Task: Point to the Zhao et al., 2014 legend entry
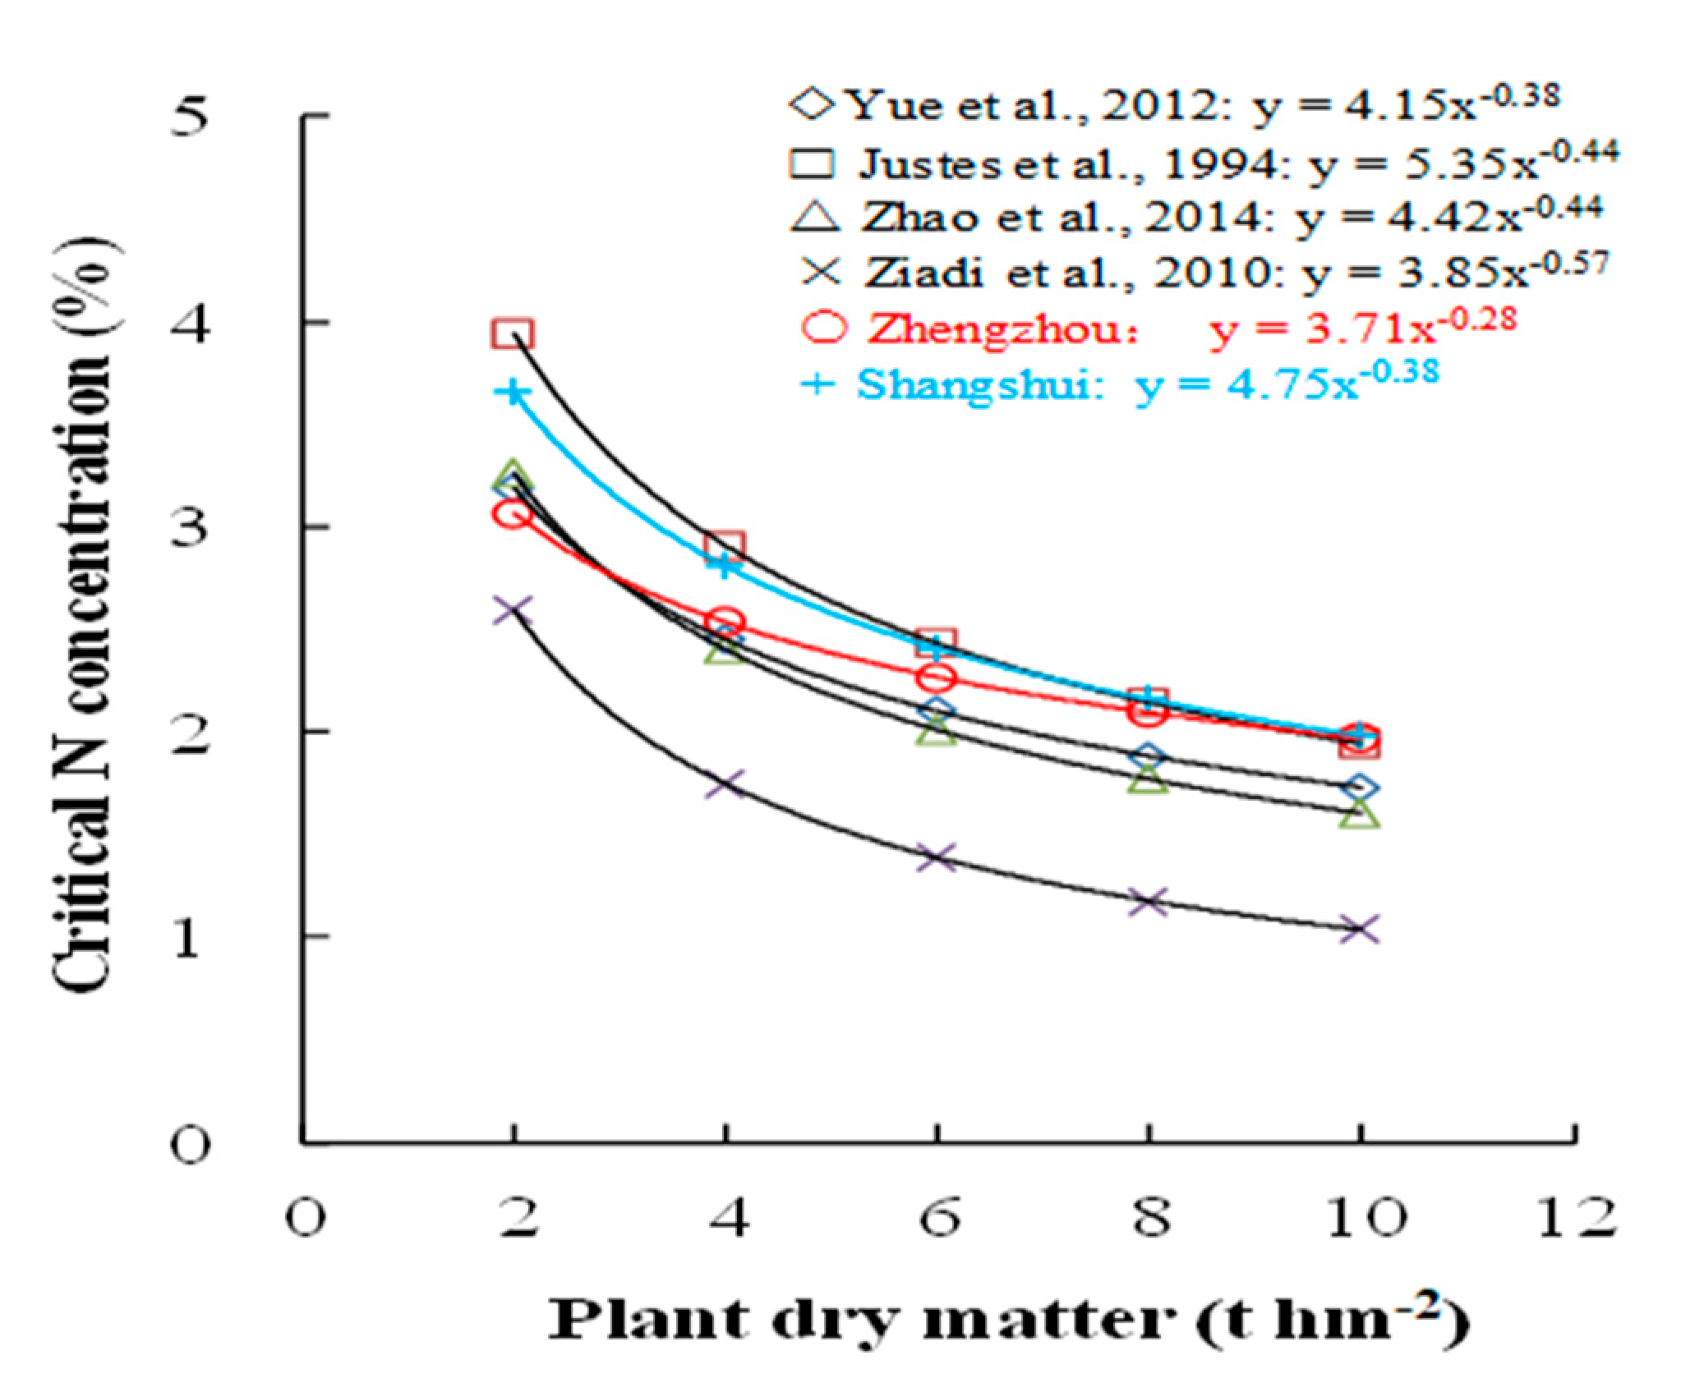[1195, 217]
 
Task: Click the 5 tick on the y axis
[189, 116]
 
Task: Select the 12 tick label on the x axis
[1574, 1218]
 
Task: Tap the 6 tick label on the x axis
[938, 1218]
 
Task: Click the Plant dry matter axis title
[1007, 1320]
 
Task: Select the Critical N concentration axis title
[82, 616]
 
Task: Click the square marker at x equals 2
[513, 334]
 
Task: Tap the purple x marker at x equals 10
[1359, 930]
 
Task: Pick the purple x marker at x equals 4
[725, 783]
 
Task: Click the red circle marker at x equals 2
[513, 514]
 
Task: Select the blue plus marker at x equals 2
[513, 392]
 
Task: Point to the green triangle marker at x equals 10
[1359, 815]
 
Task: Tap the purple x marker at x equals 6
[937, 858]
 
